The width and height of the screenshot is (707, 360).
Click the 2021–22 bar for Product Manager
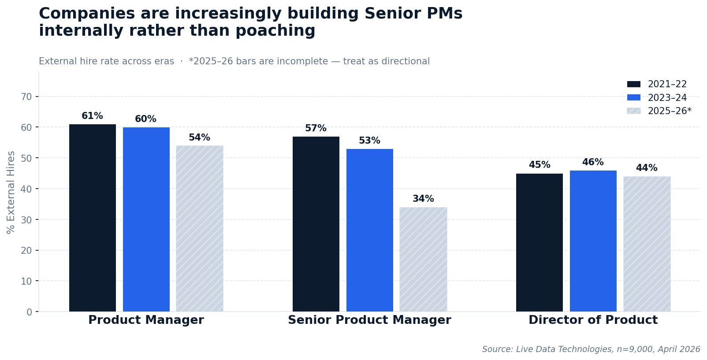[93, 218]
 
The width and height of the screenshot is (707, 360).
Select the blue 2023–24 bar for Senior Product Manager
[370, 230]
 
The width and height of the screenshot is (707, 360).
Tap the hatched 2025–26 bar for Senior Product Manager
[423, 260]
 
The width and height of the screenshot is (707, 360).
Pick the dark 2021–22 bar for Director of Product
[540, 242]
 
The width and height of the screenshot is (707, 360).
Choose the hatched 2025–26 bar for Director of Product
[647, 244]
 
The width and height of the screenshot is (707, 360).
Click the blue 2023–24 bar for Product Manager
[146, 219]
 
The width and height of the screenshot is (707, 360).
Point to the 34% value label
[423, 198]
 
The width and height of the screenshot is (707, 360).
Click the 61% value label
[92, 116]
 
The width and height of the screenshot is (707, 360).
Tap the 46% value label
[593, 162]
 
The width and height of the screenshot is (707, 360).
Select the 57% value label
[316, 128]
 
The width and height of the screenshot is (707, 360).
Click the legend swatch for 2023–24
[634, 97]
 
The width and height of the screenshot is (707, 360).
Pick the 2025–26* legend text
[670, 111]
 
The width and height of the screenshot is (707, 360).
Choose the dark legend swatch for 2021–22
[634, 84]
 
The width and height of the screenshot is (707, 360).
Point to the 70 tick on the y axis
[26, 96]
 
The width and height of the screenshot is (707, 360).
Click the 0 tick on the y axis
[30, 312]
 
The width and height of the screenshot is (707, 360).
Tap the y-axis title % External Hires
[11, 193]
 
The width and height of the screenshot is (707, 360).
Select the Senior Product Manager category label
[369, 320]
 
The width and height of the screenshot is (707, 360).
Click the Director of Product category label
[593, 320]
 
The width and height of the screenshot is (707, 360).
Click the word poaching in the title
[275, 31]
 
